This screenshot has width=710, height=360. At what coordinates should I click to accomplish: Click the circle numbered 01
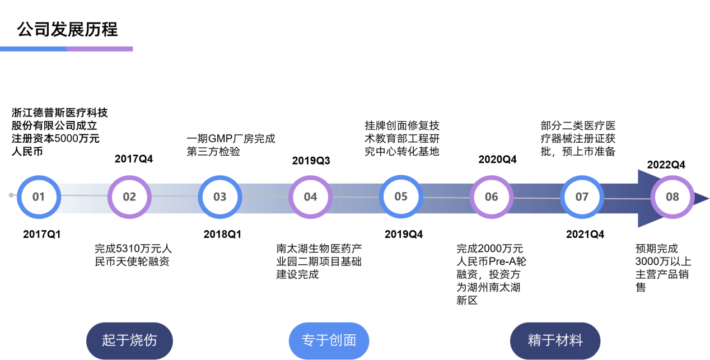click(x=39, y=197)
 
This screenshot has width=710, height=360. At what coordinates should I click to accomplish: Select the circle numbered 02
click(x=129, y=197)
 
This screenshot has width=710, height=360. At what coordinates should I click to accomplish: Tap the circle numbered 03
click(x=220, y=197)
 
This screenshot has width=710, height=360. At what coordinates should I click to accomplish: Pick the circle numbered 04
click(x=310, y=197)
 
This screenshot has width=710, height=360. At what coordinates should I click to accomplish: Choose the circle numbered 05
click(x=401, y=197)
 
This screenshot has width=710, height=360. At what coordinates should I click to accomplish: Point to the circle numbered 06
click(x=491, y=197)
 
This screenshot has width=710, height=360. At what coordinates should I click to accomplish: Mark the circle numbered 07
click(x=582, y=197)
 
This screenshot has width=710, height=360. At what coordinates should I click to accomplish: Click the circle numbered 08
click(x=672, y=197)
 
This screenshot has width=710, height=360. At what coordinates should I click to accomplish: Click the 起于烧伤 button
click(x=129, y=340)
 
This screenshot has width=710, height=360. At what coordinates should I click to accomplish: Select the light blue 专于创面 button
click(x=329, y=340)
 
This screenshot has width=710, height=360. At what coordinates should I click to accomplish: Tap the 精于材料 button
click(x=555, y=340)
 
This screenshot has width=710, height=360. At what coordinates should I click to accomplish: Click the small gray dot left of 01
click(x=11, y=195)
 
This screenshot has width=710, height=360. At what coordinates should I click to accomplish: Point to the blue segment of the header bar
click(x=32, y=49)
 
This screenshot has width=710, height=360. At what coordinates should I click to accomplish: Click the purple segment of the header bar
click(x=100, y=49)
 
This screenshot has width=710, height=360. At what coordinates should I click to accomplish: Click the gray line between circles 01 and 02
click(x=84, y=195)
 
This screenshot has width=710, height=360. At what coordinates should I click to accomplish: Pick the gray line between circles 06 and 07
click(x=536, y=198)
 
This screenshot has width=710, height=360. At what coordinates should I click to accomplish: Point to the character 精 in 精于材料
click(x=535, y=340)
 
